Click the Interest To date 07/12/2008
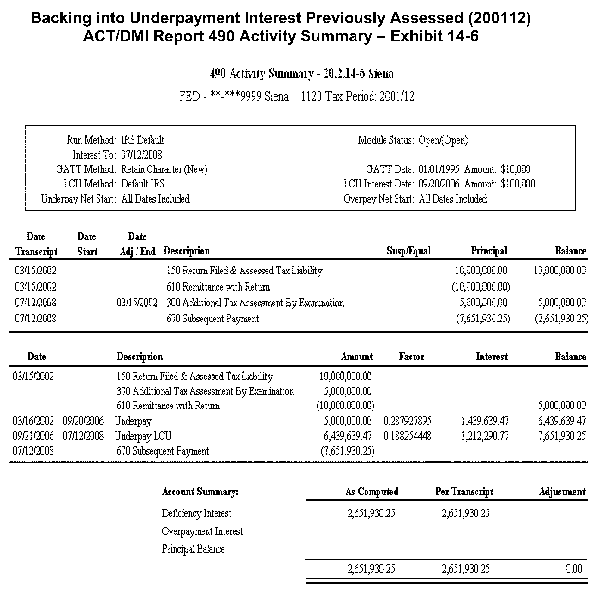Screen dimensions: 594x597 coord(141,155)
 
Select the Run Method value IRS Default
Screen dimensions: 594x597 coord(143,140)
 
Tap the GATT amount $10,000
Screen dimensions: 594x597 coord(516,169)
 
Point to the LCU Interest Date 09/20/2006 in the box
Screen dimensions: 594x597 coord(439,184)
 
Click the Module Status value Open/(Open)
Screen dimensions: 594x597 coord(443,140)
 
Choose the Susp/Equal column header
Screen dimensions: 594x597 coord(409,251)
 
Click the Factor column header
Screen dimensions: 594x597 coord(411,357)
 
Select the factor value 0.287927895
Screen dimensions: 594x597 coord(407,421)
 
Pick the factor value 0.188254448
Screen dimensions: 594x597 coord(407,436)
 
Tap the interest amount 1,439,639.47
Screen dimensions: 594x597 coord(485,421)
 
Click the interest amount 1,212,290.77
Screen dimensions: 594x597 coord(485,436)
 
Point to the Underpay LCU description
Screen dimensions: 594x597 coord(143,436)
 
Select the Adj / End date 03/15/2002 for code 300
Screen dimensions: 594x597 coord(137,303)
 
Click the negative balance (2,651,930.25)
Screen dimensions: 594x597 coord(562,319)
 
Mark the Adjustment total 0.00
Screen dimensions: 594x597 coord(574,569)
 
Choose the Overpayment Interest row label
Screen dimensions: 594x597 coord(202,531)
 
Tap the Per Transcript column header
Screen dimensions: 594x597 coord(464,492)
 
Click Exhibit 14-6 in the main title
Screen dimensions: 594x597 coord(434,36)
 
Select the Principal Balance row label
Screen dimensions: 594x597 coord(193,549)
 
